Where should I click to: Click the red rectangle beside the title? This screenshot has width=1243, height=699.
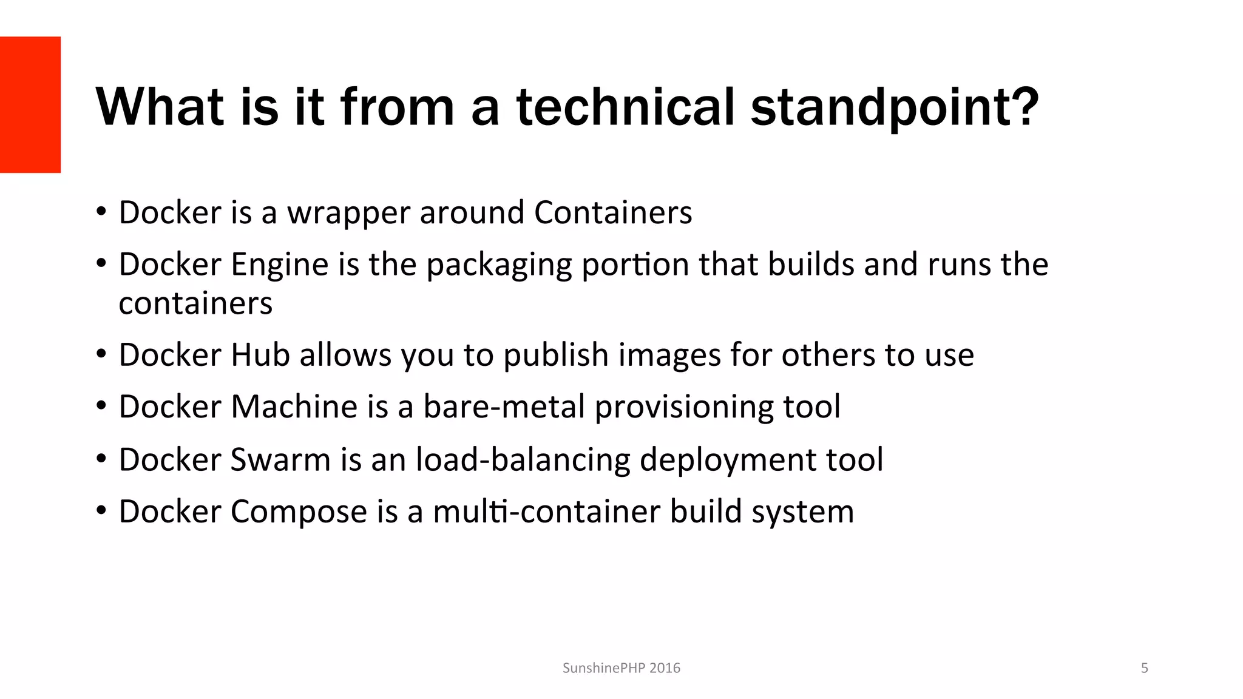pyautogui.click(x=30, y=104)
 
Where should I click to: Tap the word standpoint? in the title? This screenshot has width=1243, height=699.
pyautogui.click(x=895, y=108)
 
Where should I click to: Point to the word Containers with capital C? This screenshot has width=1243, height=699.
pyautogui.click(x=613, y=212)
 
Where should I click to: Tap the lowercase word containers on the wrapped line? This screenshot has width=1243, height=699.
pyautogui.click(x=195, y=303)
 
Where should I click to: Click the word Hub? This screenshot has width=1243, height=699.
pyautogui.click(x=260, y=355)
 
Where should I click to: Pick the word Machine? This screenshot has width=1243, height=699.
pyautogui.click(x=294, y=407)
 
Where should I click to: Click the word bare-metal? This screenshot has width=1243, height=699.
pyautogui.click(x=504, y=407)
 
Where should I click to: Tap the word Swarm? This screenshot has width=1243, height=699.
pyautogui.click(x=280, y=459)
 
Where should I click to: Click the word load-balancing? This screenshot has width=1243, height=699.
pyautogui.click(x=523, y=460)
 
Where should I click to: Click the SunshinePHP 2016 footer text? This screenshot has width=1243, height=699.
pyautogui.click(x=621, y=668)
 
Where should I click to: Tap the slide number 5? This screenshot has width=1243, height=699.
pyautogui.click(x=1145, y=668)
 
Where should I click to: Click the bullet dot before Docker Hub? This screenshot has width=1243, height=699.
pyautogui.click(x=101, y=354)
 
